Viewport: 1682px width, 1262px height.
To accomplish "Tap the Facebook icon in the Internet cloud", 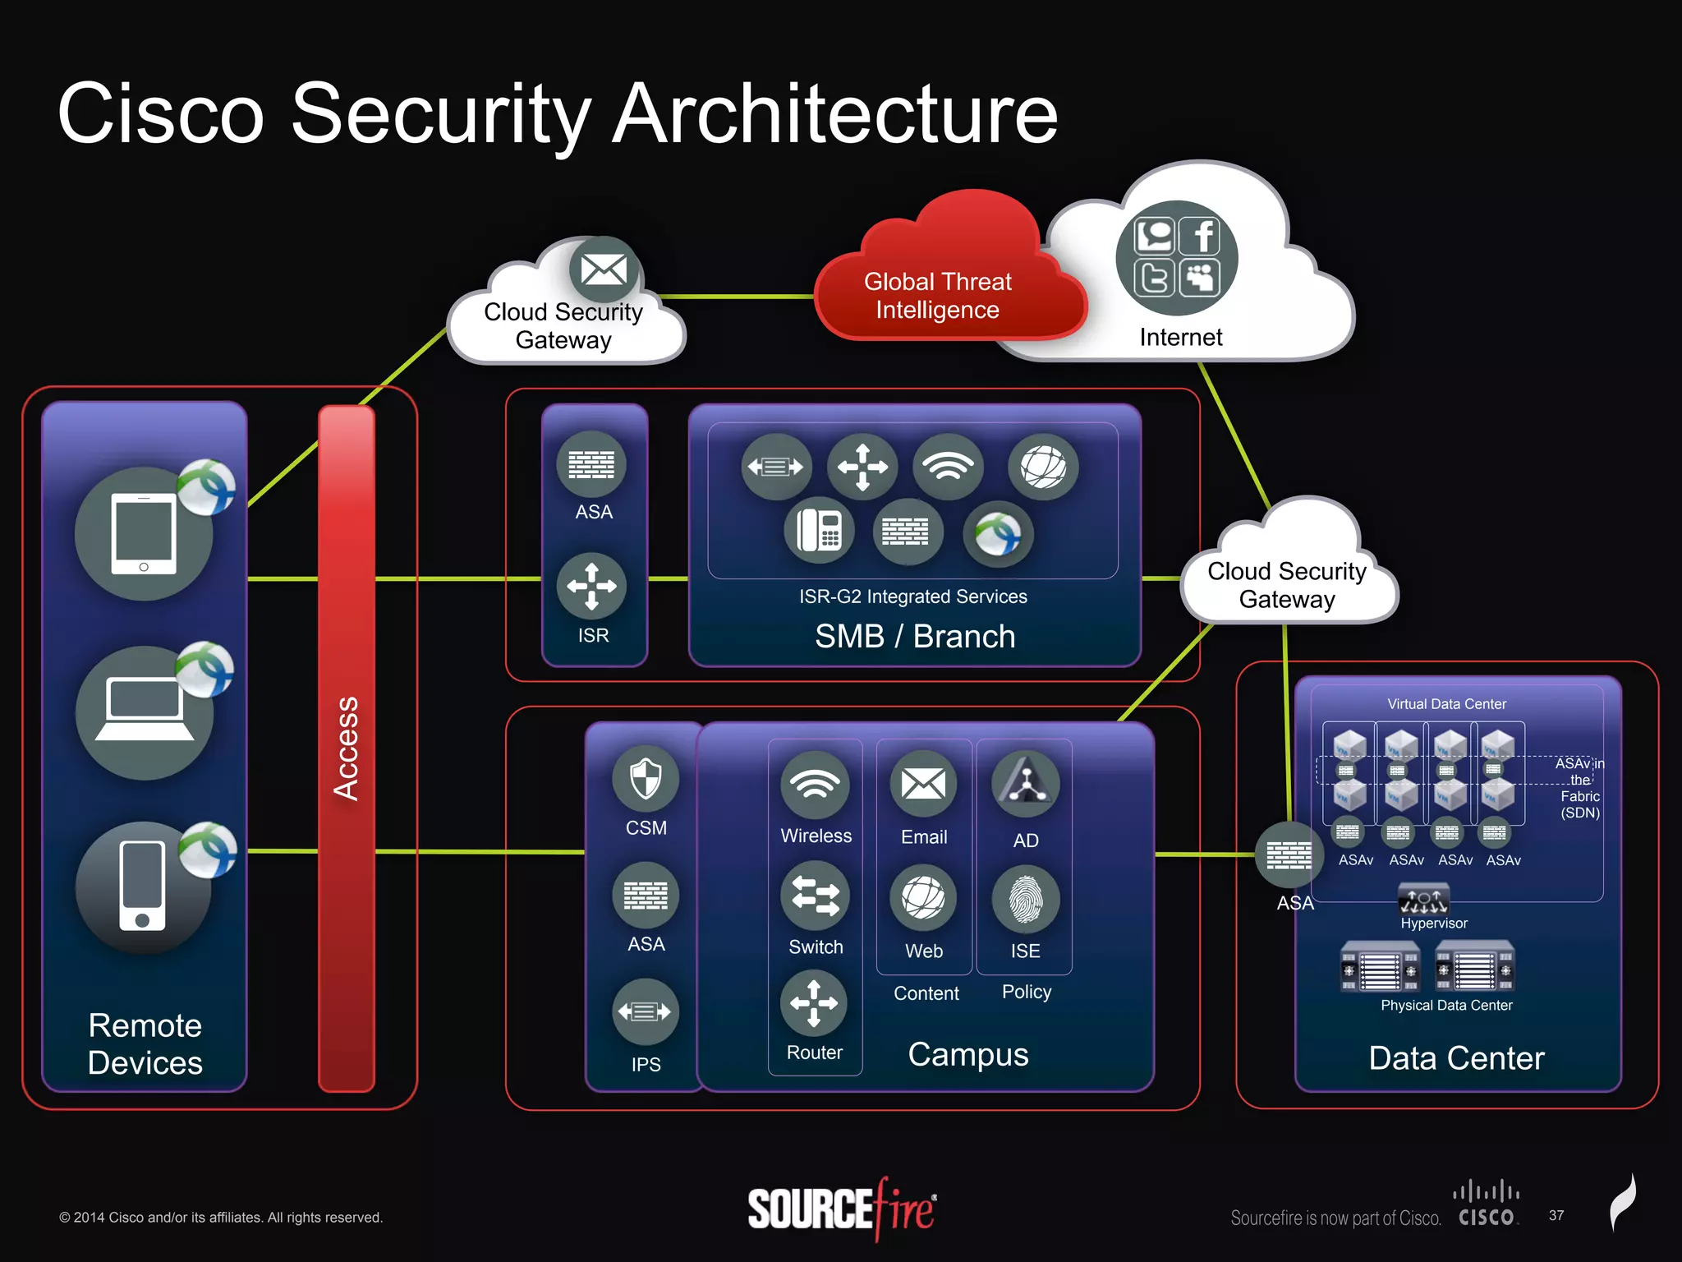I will [x=1200, y=237].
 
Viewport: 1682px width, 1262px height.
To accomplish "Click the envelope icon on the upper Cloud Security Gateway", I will [x=604, y=269].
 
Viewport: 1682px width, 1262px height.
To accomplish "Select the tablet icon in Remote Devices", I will [x=144, y=534].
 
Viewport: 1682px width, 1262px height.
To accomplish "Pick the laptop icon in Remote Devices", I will [x=145, y=712].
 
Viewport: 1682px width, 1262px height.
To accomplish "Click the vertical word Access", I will [x=347, y=748].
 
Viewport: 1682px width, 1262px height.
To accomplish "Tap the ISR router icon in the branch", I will [x=591, y=586].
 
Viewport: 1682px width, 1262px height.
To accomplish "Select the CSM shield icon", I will [x=646, y=777].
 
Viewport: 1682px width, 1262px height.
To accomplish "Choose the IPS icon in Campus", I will [x=646, y=1011].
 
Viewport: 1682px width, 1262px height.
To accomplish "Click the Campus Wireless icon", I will [x=816, y=785].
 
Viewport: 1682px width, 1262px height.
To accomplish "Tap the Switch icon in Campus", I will [x=816, y=896].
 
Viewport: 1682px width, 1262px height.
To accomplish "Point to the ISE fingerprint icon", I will [x=1026, y=900].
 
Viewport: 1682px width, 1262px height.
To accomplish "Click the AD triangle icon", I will [x=1026, y=783].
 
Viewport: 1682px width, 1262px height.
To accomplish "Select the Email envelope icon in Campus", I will [x=924, y=784].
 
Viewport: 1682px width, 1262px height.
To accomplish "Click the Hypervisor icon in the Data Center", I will [x=1423, y=900].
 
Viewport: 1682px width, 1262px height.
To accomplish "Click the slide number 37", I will [x=1556, y=1215].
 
